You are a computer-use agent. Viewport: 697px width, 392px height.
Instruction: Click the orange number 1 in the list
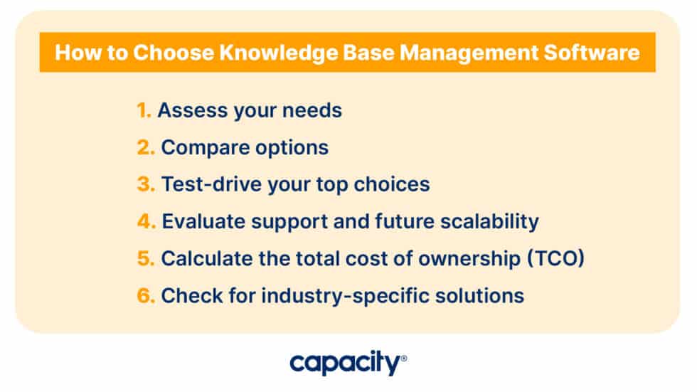[x=144, y=110]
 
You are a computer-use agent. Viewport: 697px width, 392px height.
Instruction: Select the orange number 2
[x=145, y=147]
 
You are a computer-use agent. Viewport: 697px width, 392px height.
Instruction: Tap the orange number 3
[x=145, y=184]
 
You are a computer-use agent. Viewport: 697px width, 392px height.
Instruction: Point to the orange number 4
[x=146, y=221]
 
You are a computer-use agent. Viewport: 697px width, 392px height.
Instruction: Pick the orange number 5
[x=145, y=258]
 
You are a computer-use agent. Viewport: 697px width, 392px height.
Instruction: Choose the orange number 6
[x=146, y=295]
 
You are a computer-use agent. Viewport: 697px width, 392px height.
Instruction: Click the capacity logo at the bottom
[x=348, y=363]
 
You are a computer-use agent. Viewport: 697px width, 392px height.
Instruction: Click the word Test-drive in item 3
[x=203, y=184]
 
